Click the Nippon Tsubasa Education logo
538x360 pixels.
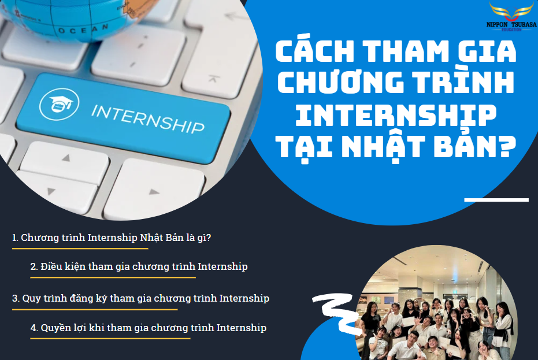click(511, 17)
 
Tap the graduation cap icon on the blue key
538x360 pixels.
click(60, 104)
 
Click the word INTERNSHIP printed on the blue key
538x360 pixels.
click(148, 118)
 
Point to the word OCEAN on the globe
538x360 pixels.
click(83, 29)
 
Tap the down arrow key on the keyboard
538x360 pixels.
click(51, 191)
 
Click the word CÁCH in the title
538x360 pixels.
click(314, 51)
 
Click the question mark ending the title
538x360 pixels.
click(506, 146)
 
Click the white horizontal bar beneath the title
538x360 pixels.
click(496, 200)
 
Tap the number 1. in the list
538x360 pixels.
click(15, 237)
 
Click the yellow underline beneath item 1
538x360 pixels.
click(80, 248)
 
